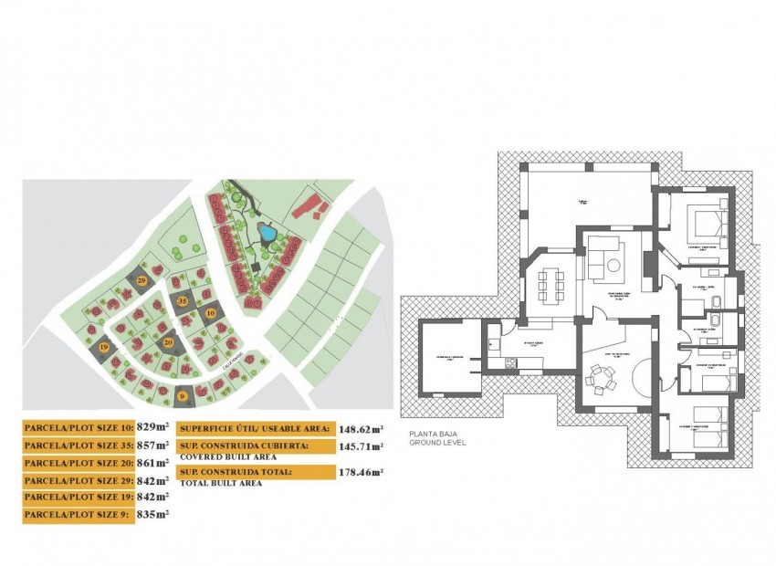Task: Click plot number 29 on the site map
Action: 142,279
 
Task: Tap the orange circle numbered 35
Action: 183,300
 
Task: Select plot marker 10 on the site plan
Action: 211,313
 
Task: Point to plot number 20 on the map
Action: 168,342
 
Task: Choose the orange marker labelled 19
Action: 104,348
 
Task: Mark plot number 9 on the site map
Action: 183,395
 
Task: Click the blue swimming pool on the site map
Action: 267,234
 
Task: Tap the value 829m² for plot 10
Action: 153,426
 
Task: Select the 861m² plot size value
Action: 153,463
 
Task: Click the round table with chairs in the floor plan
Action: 600,375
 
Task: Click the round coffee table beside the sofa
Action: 614,266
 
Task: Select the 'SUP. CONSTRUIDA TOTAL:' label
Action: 236,472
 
